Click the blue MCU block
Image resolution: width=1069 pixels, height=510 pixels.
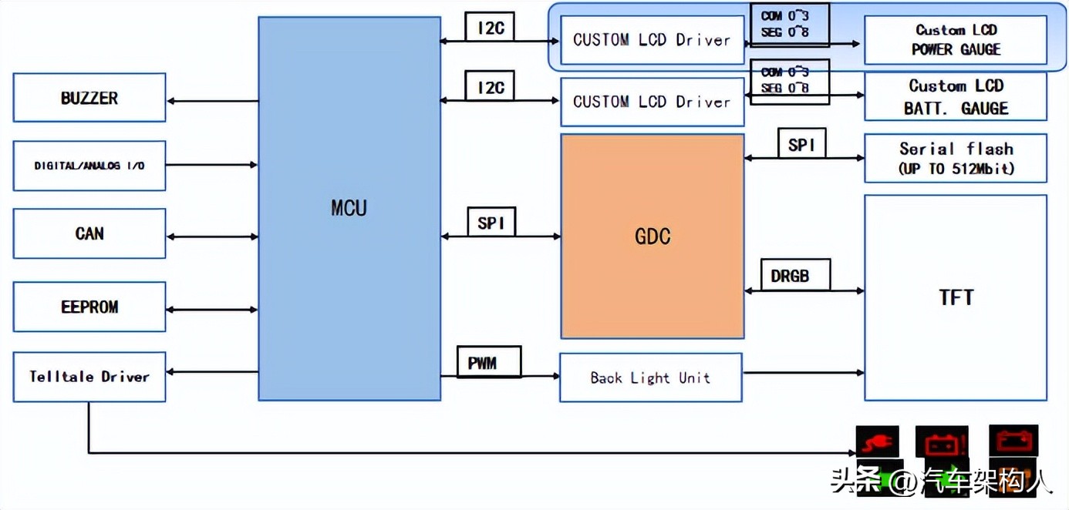point(349,208)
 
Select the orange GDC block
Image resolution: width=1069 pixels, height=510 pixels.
point(652,236)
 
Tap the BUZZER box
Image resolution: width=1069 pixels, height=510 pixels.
point(89,98)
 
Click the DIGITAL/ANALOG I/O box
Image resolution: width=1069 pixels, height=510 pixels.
point(89,165)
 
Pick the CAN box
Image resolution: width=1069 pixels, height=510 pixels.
point(89,233)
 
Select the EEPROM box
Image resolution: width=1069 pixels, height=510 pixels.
point(89,307)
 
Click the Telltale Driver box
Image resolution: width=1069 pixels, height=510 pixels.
point(89,377)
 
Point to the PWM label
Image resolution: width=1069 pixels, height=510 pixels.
point(483,362)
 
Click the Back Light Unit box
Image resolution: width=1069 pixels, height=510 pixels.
point(650,377)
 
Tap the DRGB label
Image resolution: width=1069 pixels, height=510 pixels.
point(790,275)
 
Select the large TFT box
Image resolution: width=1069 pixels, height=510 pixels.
point(955,297)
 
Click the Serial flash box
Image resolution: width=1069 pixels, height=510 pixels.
point(955,159)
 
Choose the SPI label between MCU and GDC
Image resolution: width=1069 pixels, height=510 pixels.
point(491,223)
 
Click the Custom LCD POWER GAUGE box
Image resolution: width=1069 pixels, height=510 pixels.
point(955,40)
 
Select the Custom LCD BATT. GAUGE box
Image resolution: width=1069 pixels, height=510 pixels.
point(955,97)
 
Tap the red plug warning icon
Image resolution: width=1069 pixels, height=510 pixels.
point(878,443)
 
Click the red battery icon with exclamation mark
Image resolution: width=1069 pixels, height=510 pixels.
point(942,443)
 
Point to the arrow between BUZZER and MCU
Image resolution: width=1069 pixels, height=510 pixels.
point(212,101)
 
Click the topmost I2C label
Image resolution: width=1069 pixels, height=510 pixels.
point(491,28)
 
